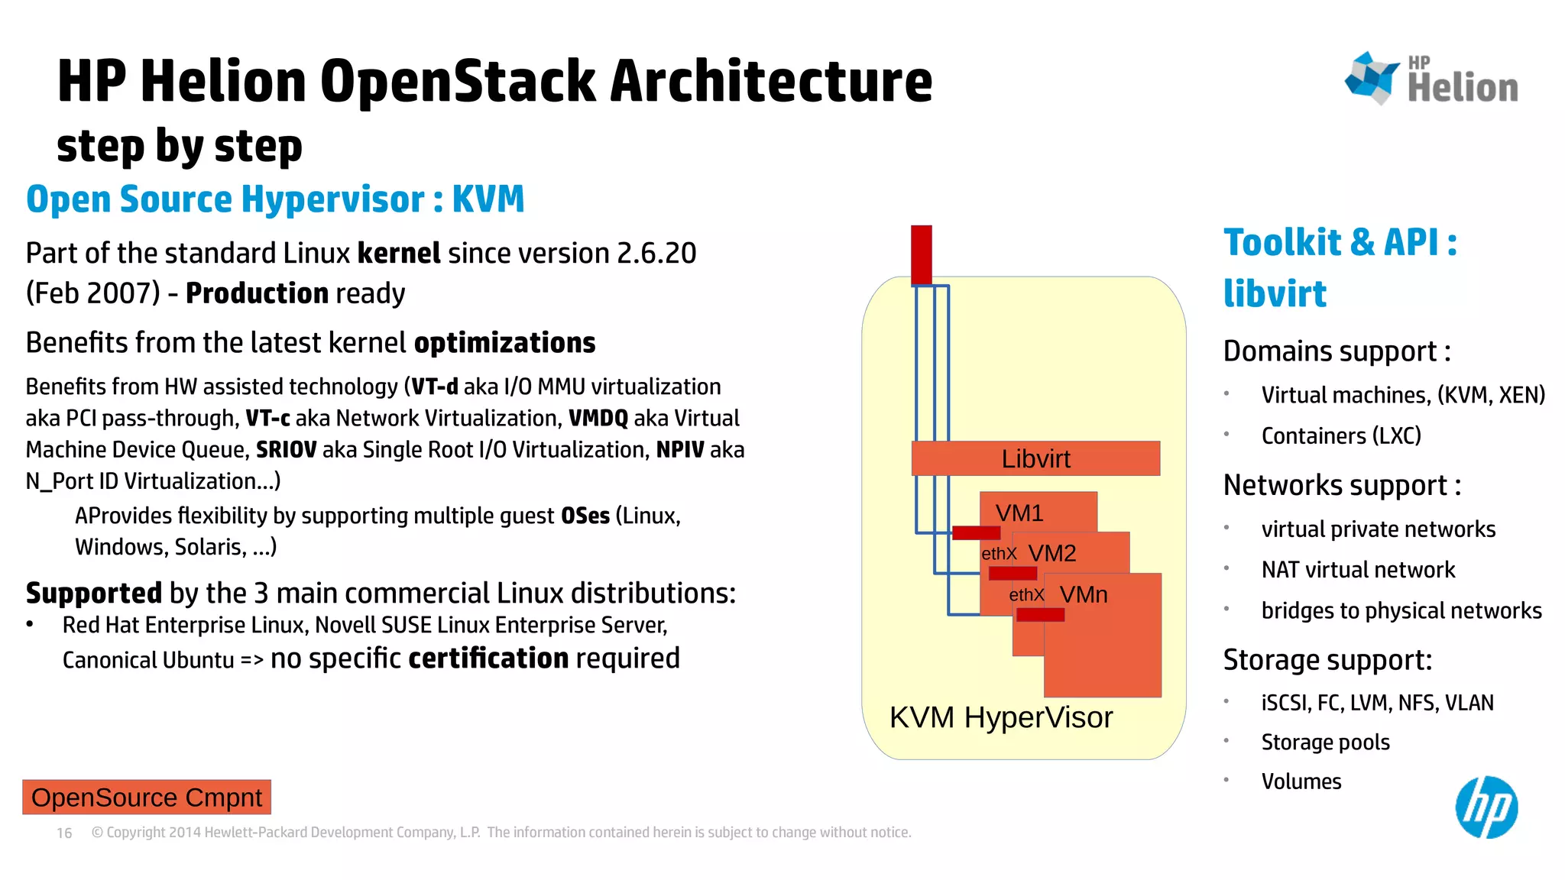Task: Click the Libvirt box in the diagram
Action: click(1035, 458)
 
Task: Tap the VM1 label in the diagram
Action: click(1019, 513)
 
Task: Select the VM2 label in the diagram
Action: click(1052, 553)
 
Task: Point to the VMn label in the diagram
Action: click(1084, 594)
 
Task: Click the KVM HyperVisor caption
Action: click(1001, 717)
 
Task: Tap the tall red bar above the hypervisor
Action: click(922, 254)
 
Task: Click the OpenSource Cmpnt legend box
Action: click(147, 797)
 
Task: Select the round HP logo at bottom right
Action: click(1486, 807)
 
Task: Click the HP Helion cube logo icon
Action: click(1372, 77)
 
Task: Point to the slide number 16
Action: click(64, 833)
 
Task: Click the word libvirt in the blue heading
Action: click(1275, 294)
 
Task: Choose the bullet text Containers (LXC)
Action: click(1341, 435)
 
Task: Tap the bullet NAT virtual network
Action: click(1358, 570)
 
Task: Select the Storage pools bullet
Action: click(1325, 742)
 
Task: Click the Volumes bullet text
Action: click(1301, 781)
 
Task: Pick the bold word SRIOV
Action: click(286, 450)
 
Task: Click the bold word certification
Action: click(488, 658)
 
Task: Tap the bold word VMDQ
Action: click(598, 419)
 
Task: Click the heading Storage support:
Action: click(1327, 660)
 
